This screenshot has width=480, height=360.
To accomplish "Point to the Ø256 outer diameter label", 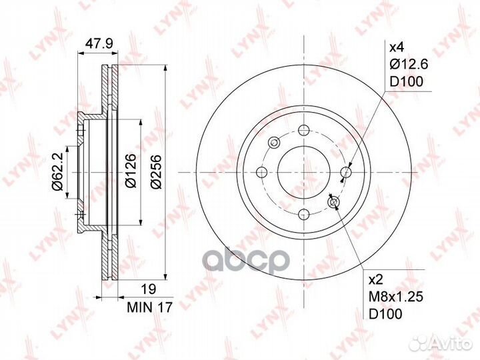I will (x=155, y=171).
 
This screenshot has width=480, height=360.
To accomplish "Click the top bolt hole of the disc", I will (x=304, y=129).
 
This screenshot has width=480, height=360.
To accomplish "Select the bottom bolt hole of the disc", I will (x=304, y=214).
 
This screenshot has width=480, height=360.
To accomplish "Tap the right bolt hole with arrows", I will (x=346, y=172).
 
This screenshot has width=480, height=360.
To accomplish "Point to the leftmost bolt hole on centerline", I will (x=261, y=172).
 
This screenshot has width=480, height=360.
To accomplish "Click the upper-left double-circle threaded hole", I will (x=274, y=142).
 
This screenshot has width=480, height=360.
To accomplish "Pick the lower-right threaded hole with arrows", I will (x=334, y=202).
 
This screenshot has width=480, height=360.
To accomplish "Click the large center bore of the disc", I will (x=304, y=172).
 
